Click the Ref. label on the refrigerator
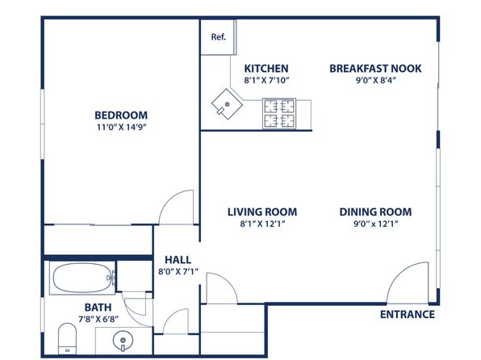(219, 37)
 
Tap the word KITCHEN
(266, 68)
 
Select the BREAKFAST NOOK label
(375, 68)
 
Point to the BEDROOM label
(121, 115)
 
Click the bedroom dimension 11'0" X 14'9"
(121, 127)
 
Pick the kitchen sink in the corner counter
(227, 104)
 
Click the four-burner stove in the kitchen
(279, 114)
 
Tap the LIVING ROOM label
(262, 211)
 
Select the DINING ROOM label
(375, 211)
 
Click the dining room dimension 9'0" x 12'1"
(376, 224)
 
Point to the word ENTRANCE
(408, 314)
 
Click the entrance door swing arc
(398, 273)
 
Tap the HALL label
(178, 260)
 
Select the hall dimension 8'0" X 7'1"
(178, 271)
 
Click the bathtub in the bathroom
(82, 278)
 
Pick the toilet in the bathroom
(67, 338)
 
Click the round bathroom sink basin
(123, 341)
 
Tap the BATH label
(98, 308)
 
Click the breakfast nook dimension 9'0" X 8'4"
(376, 80)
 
